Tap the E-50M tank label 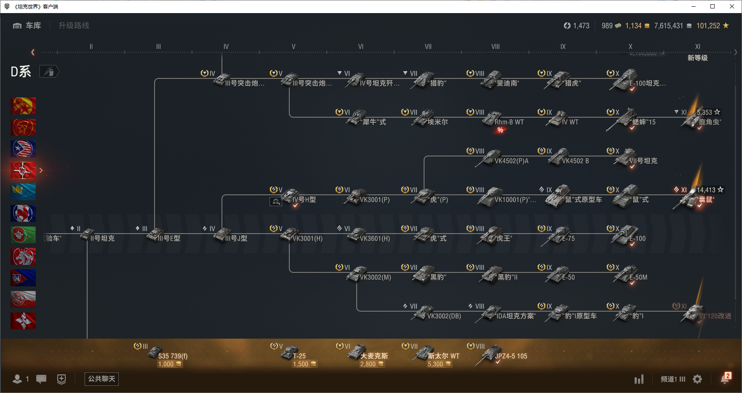638,277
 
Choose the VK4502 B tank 569,159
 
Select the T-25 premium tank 295,354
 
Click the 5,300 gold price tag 439,364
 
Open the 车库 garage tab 27,26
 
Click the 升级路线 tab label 74,26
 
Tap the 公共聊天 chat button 101,379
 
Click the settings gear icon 697,379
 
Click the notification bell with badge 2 725,379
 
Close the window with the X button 732,6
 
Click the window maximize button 713,6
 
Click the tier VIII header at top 495,47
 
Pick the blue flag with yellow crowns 23,192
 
